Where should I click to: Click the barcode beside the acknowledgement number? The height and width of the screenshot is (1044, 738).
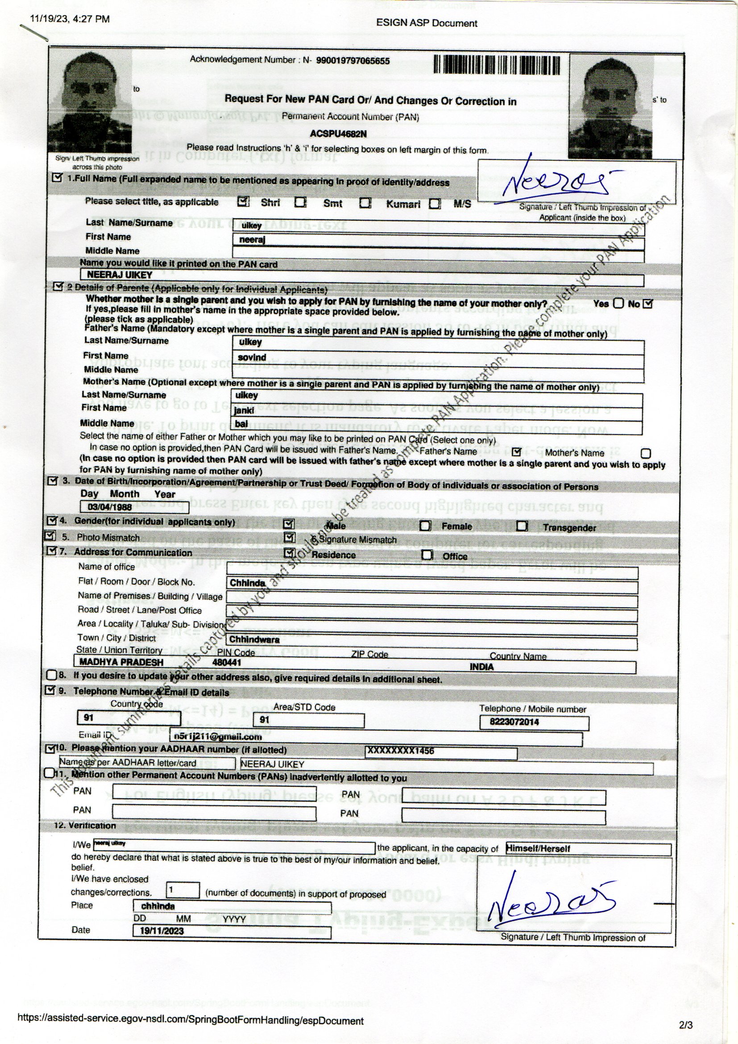click(x=496, y=65)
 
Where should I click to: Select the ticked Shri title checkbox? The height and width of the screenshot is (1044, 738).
click(x=244, y=201)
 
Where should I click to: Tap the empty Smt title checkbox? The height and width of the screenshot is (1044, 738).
click(x=300, y=202)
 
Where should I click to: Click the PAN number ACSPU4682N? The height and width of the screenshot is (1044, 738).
click(x=338, y=134)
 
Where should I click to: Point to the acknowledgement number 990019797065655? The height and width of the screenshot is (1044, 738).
click(x=352, y=61)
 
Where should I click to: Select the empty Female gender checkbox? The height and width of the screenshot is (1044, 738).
click(x=425, y=526)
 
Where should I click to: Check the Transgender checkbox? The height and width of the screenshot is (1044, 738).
click(x=522, y=526)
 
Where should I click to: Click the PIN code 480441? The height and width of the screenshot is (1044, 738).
click(x=227, y=663)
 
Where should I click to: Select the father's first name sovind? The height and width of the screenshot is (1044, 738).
click(x=252, y=357)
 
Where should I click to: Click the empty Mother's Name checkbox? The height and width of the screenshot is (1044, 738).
click(x=645, y=453)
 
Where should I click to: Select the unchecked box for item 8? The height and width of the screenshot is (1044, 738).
click(x=52, y=675)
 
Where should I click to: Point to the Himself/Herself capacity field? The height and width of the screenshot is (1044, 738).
click(x=588, y=848)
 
